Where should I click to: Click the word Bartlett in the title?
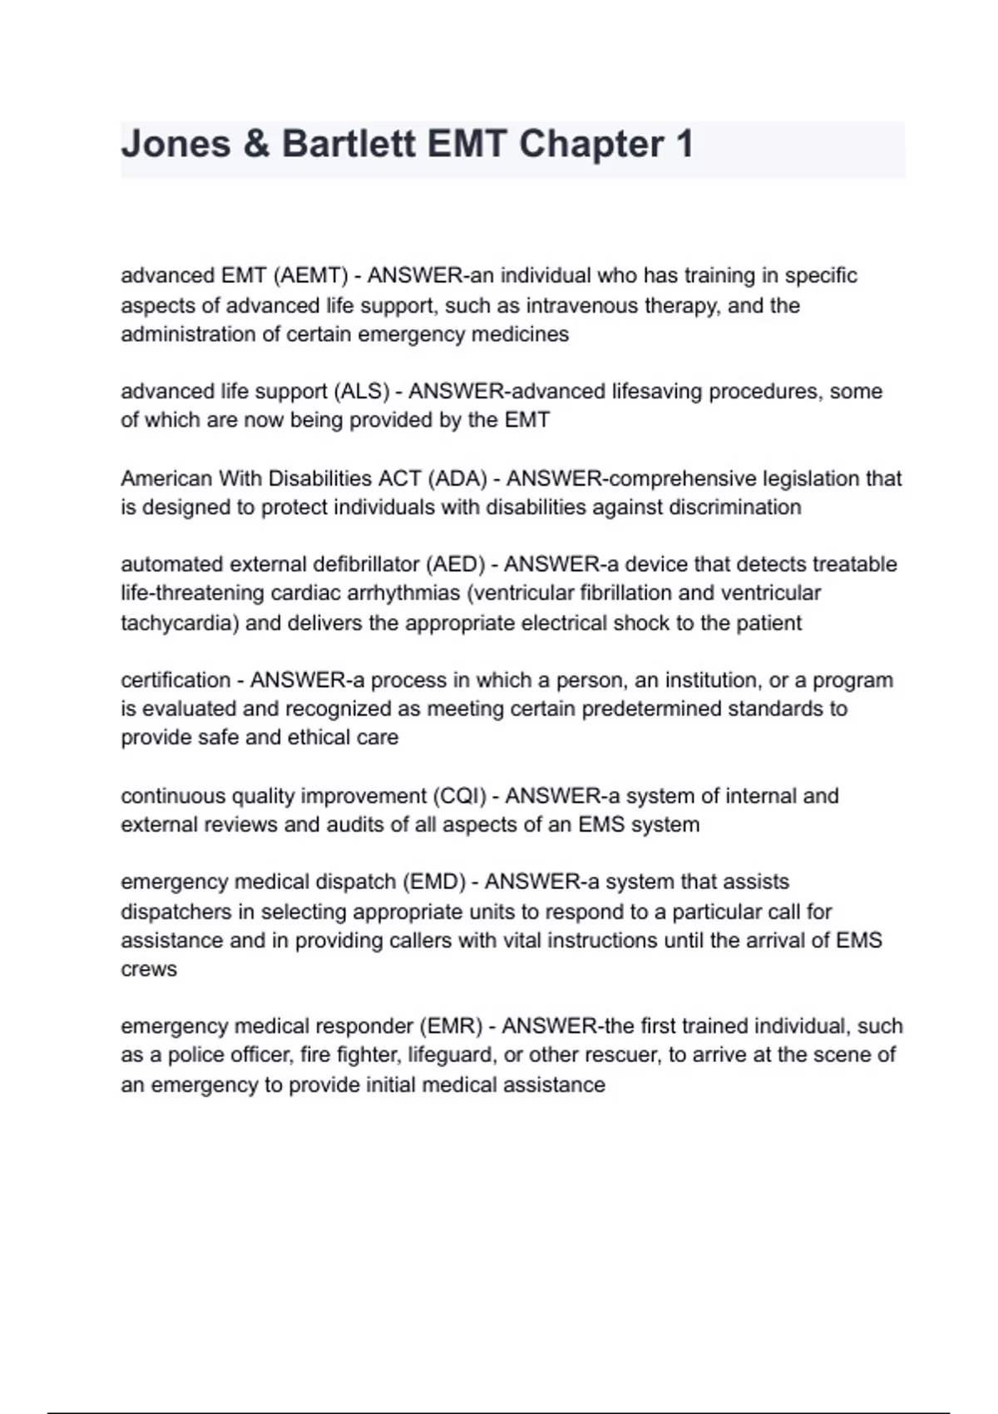348,144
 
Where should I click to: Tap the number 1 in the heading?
684,144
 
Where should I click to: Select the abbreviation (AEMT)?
310,275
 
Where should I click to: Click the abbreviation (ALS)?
362,391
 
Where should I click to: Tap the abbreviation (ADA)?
457,478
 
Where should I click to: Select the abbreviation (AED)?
455,564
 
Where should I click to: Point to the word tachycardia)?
180,623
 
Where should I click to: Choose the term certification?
175,680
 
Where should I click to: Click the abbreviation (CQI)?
459,796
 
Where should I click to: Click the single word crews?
149,970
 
